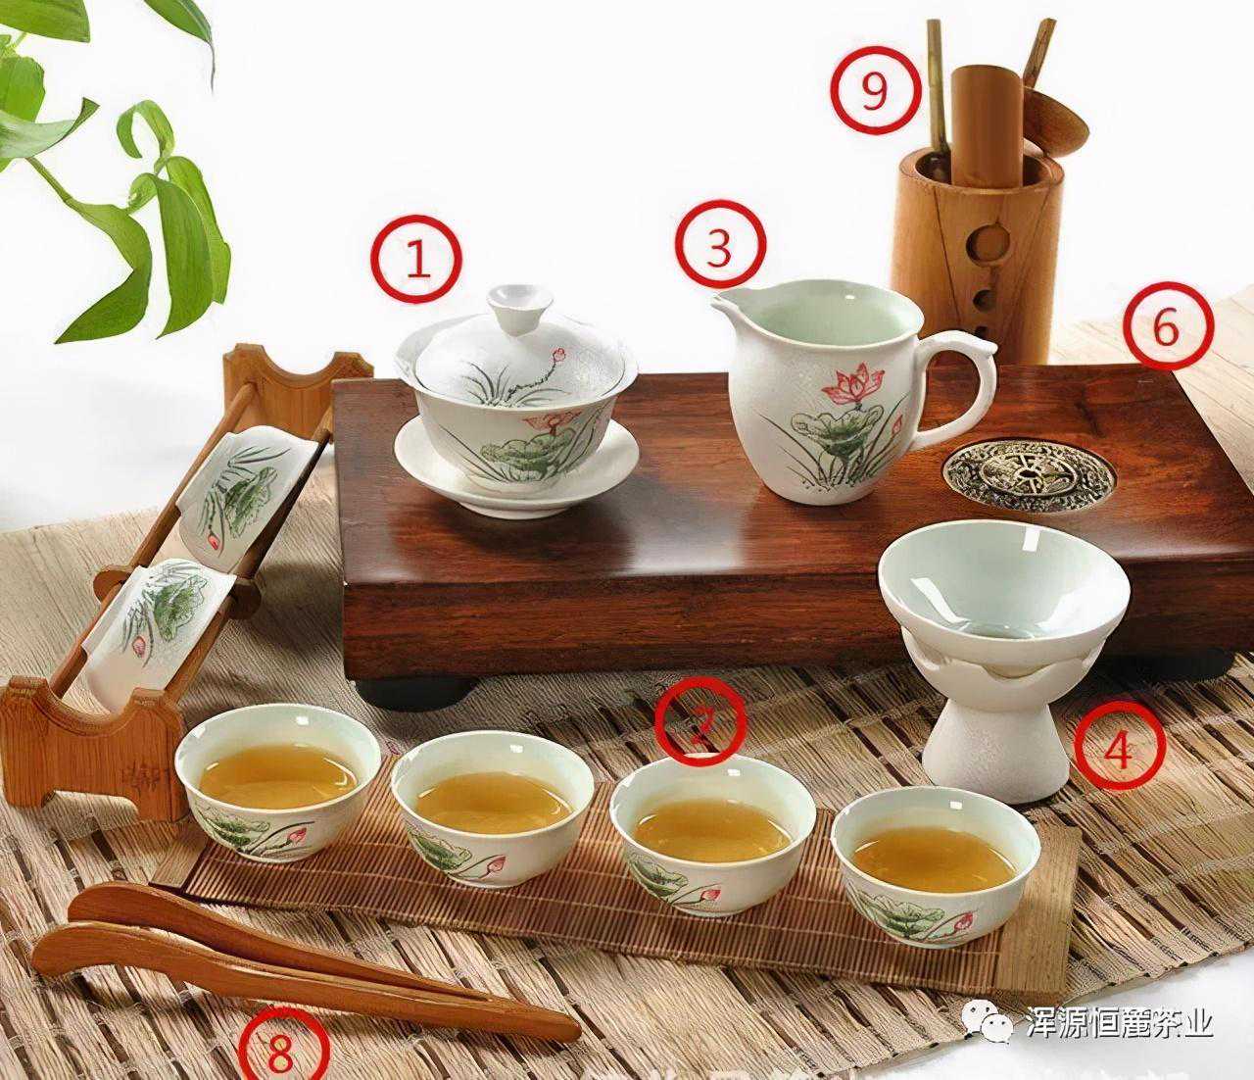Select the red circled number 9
(874, 90)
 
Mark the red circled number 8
(280, 1053)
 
